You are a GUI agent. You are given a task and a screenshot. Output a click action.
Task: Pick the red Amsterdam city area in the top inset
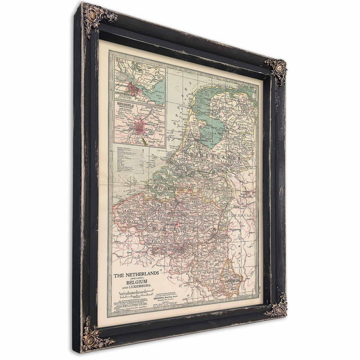click(x=139, y=92)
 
